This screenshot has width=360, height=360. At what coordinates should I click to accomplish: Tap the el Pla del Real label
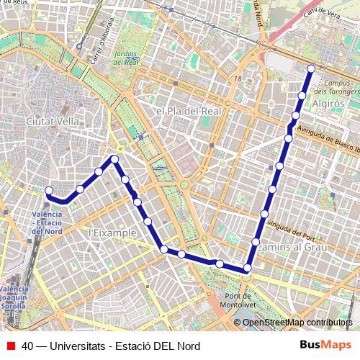tap(186, 112)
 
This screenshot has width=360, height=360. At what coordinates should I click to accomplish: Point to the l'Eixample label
tap(112, 233)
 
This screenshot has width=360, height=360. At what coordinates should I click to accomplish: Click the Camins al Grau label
tap(292, 247)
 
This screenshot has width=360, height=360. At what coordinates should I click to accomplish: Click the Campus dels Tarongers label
tap(332, 87)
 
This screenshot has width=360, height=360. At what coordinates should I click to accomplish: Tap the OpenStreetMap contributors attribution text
tap(298, 323)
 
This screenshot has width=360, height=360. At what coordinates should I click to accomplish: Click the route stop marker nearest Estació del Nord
tap(49, 191)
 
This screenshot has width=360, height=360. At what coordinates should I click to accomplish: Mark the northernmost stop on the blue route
tap(311, 69)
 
